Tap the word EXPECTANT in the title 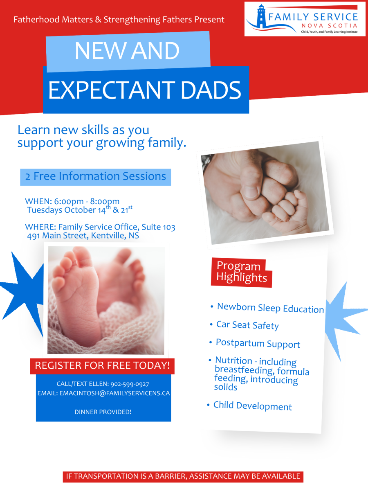click(112, 90)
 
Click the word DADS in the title click(211, 90)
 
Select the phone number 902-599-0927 click(130, 384)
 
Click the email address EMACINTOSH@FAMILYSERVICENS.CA click(114, 393)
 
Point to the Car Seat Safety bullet click(247, 325)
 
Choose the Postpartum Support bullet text click(258, 343)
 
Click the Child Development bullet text click(252, 406)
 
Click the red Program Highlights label click(242, 272)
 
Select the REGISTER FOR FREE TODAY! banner click(102, 365)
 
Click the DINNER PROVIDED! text click(103, 412)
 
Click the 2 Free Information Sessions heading click(96, 176)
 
